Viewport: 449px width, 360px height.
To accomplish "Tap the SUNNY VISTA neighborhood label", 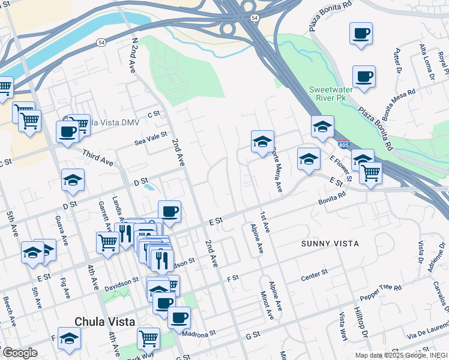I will [330, 244].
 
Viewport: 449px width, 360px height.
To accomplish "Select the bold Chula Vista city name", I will [103, 322].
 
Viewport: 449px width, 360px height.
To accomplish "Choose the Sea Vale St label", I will [150, 139].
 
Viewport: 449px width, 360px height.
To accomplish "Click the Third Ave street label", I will [98, 158].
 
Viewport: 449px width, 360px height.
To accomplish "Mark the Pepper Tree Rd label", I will [380, 293].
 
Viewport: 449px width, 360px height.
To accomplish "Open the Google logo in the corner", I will [19, 353].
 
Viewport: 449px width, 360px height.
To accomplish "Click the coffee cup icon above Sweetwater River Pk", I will [363, 76].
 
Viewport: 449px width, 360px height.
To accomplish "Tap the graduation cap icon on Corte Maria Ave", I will [262, 142].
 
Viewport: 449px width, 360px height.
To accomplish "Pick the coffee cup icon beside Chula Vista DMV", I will [67, 130].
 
